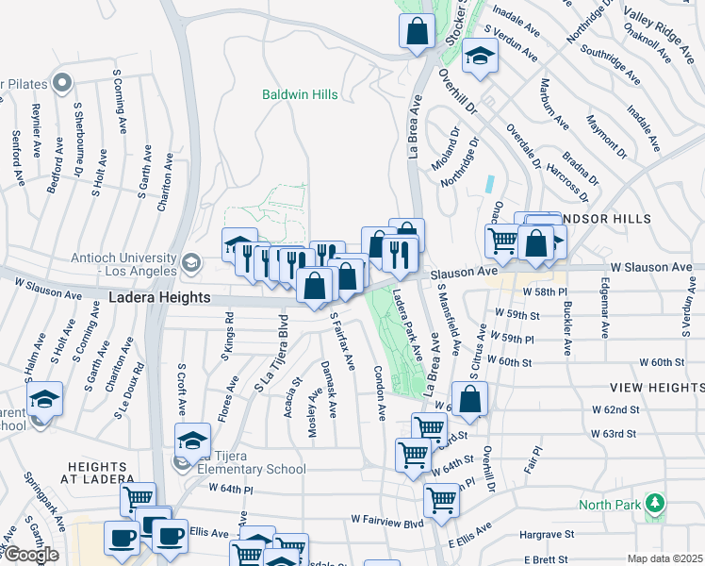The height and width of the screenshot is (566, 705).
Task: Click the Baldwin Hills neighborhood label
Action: click(x=298, y=94)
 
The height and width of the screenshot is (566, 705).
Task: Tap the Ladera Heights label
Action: click(x=158, y=297)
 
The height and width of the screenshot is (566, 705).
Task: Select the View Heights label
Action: click(x=656, y=388)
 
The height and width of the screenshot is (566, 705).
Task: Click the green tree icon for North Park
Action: click(x=651, y=501)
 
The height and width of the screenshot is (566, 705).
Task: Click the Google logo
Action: click(x=30, y=555)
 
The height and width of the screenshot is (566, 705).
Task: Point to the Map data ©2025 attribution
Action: click(x=664, y=558)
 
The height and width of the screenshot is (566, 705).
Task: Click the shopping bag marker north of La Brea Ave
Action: click(x=416, y=31)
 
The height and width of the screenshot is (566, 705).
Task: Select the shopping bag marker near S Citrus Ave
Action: click(x=470, y=398)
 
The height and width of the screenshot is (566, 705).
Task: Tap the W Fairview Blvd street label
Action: click(x=387, y=519)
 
